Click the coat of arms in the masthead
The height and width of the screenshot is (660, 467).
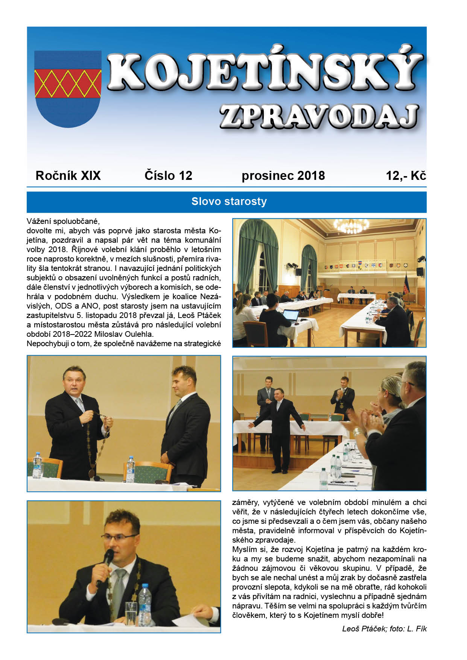(68, 89)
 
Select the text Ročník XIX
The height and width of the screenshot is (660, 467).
(68, 176)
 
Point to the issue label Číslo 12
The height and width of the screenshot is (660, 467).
(168, 176)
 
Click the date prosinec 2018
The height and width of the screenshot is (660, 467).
(283, 176)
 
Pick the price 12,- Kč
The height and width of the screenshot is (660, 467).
(406, 176)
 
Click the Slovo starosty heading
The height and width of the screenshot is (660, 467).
(229, 202)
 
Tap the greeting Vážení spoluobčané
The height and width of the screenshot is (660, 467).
(63, 221)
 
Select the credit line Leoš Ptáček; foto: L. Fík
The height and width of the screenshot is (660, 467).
(384, 629)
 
